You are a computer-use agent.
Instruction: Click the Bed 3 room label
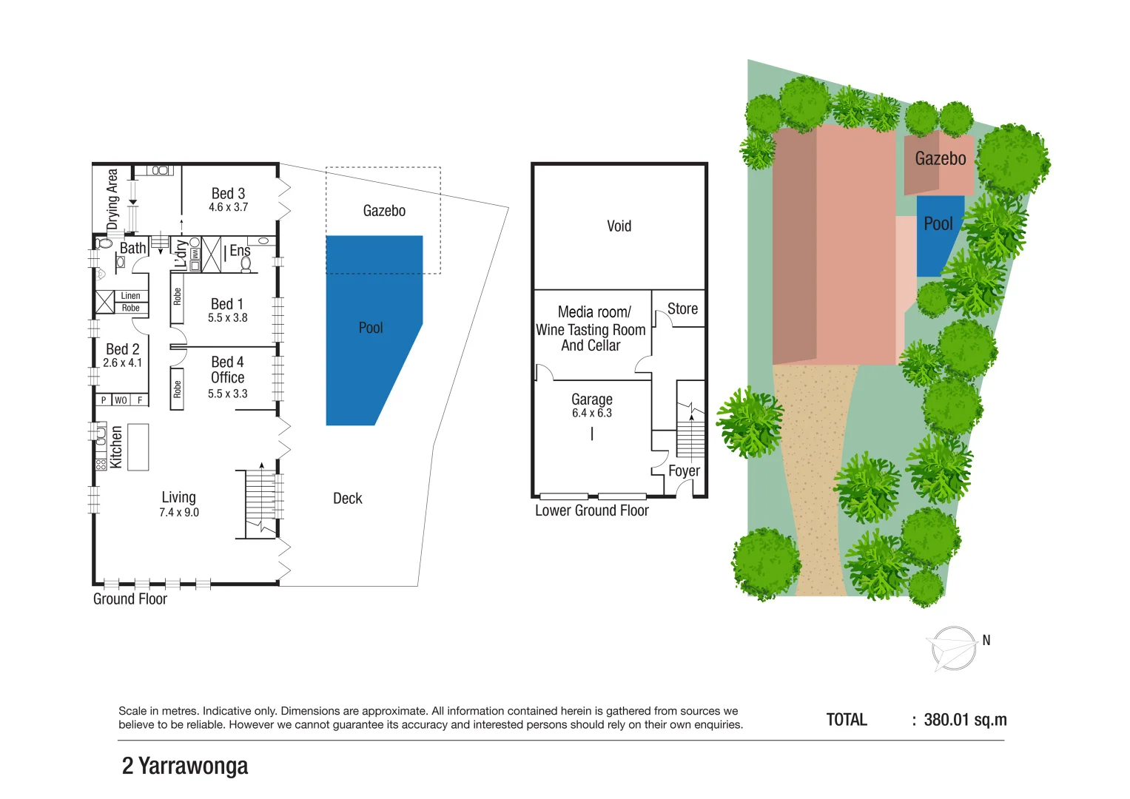coord(228,194)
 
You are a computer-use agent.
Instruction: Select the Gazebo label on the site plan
coord(940,158)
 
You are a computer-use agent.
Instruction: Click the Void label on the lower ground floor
coord(619,226)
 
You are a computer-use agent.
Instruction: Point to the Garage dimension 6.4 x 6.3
coord(592,414)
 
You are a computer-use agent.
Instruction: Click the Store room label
coord(682,309)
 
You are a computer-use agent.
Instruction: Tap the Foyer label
coord(684,471)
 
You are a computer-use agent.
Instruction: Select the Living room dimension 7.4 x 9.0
coord(179,513)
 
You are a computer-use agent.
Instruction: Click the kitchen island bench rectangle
coord(138,447)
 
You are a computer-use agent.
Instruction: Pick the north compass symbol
coord(954,649)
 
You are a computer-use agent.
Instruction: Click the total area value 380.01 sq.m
coord(965,720)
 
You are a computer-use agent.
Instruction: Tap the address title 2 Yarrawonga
coord(185,766)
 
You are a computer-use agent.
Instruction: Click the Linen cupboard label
coord(130,296)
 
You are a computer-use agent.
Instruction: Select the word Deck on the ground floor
coord(348,499)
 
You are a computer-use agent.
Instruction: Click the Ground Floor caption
coord(130,599)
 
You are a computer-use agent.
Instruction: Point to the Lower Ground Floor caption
coord(592,510)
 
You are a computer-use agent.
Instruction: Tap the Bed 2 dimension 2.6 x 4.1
coord(123,363)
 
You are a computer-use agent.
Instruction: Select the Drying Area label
coord(112,199)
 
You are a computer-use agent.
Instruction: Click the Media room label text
coord(594,312)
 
